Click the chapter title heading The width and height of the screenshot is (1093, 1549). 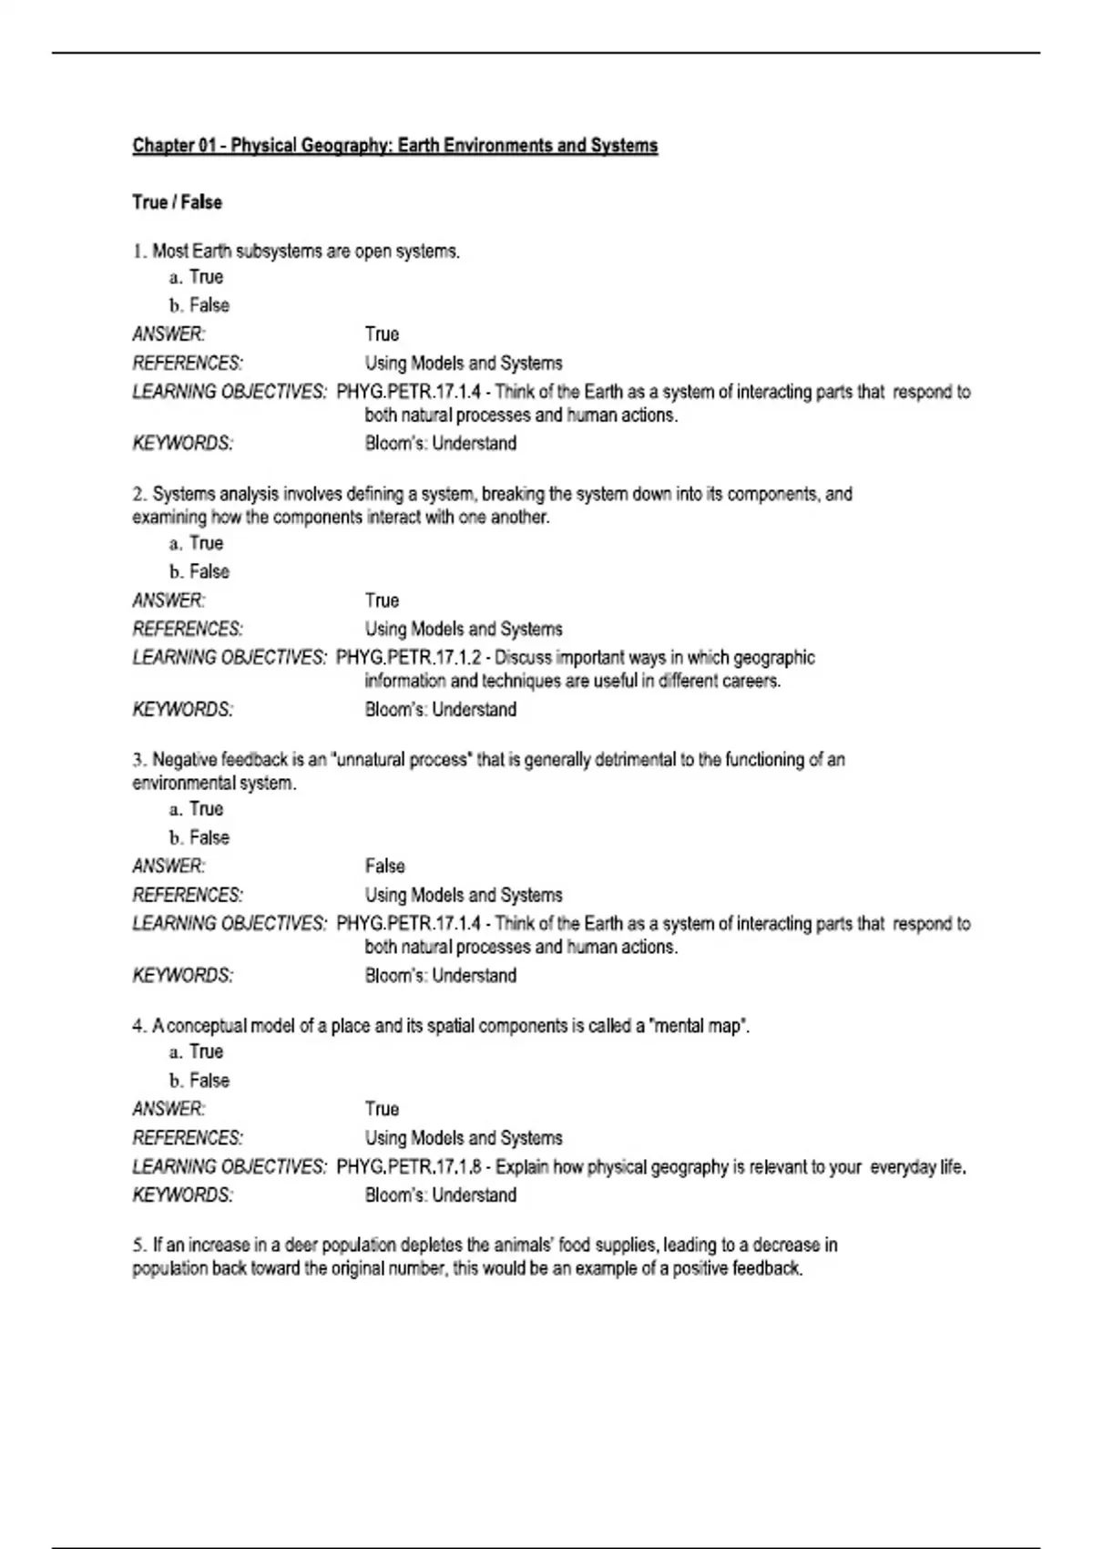click(x=394, y=146)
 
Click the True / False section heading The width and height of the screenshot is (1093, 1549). click(x=177, y=202)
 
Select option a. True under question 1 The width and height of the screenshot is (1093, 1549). click(x=197, y=277)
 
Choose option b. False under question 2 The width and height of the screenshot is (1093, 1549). click(x=199, y=571)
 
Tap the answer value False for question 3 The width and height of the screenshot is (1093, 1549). click(x=384, y=866)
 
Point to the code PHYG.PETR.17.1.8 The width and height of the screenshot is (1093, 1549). click(x=409, y=1167)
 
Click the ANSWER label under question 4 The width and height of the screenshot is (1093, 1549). click(x=169, y=1109)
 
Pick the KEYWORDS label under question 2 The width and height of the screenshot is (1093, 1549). click(x=182, y=710)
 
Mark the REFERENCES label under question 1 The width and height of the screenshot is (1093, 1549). click(x=188, y=364)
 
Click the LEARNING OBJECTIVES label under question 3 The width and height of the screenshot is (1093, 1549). click(x=229, y=924)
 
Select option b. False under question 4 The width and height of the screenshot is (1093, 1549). click(x=199, y=1081)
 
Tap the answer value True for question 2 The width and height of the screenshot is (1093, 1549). click(x=382, y=600)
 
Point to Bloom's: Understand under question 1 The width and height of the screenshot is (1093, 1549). click(x=440, y=444)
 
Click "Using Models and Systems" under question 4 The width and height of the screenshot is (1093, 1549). click(x=463, y=1138)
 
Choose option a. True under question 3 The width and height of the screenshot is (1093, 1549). click(x=197, y=809)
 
